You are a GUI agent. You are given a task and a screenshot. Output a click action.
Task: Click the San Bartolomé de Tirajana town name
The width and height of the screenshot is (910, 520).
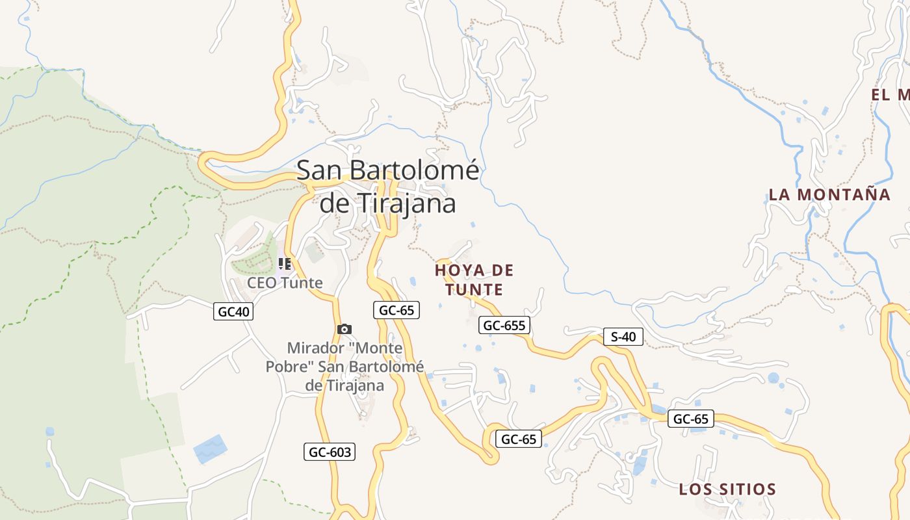[x=388, y=187]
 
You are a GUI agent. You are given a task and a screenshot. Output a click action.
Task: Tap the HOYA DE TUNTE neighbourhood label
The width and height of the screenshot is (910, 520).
[x=474, y=279]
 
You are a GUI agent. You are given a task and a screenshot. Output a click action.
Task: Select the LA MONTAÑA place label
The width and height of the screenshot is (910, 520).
[x=829, y=194]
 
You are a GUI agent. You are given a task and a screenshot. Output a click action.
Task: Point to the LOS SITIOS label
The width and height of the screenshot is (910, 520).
[x=727, y=489]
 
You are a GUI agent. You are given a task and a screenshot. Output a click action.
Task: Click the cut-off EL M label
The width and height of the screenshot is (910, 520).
[x=890, y=95]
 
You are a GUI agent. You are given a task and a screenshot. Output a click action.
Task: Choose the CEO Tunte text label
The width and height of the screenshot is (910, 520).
[x=285, y=283]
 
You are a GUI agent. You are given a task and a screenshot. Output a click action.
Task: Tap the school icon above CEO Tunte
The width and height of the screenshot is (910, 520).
[x=284, y=264]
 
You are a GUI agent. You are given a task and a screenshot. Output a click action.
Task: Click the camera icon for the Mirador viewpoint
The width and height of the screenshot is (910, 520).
[x=344, y=330]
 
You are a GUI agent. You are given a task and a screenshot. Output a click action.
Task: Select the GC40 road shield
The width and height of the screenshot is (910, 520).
[x=233, y=312]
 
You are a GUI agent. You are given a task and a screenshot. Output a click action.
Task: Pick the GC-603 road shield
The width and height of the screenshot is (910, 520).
[x=330, y=452]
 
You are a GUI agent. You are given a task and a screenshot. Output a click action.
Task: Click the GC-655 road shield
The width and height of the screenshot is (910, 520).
[x=504, y=325]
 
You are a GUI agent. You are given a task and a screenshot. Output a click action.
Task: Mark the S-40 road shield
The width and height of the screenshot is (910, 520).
[x=623, y=337]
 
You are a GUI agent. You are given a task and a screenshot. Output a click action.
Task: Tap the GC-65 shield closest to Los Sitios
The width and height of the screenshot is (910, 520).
[x=690, y=419]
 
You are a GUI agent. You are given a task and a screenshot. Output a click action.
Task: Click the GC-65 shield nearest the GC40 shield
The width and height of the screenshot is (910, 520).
[x=396, y=310]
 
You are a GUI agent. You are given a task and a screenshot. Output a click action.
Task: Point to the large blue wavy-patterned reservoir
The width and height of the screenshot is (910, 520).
[x=211, y=448]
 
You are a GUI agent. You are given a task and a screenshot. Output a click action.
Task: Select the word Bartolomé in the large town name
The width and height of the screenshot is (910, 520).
[x=415, y=170]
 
